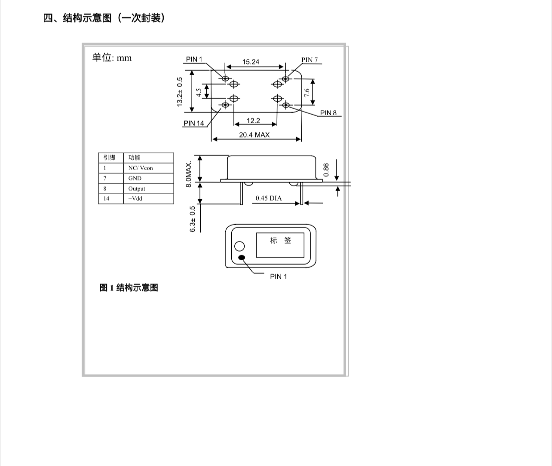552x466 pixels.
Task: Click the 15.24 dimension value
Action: pyautogui.click(x=251, y=62)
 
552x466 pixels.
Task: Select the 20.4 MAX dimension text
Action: pyautogui.click(x=255, y=135)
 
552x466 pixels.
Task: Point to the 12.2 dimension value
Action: pyautogui.click(x=253, y=121)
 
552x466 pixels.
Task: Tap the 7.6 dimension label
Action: pyautogui.click(x=307, y=93)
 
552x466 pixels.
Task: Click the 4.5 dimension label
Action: pyautogui.click(x=199, y=92)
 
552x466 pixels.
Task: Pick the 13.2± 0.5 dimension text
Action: pyautogui.click(x=180, y=92)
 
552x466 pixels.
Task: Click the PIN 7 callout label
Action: pyautogui.click(x=310, y=60)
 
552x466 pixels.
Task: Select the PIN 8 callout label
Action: pyautogui.click(x=328, y=113)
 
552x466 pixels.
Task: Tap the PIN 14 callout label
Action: pyautogui.click(x=194, y=123)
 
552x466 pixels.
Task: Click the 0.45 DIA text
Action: pyautogui.click(x=269, y=198)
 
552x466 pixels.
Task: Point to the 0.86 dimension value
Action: pyautogui.click(x=326, y=170)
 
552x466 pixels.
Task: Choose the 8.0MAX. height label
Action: pyautogui.click(x=188, y=174)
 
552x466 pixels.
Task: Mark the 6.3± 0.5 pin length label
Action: pyautogui.click(x=193, y=219)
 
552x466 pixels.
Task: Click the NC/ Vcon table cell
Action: pyautogui.click(x=141, y=168)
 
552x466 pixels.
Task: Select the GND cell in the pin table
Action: pyautogui.click(x=135, y=178)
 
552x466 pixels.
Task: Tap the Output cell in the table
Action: pyautogui.click(x=137, y=189)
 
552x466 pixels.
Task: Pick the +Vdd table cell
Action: pyautogui.click(x=135, y=198)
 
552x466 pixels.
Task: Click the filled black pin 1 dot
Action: pyautogui.click(x=242, y=258)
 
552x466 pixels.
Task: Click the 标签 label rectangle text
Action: pyautogui.click(x=280, y=241)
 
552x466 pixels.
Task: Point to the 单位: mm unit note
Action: pyautogui.click(x=112, y=58)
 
